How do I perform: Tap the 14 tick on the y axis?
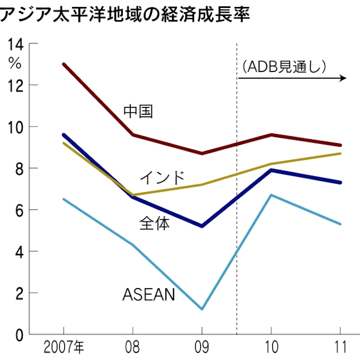14,44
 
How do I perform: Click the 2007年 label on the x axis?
64,347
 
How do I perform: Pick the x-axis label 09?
202,347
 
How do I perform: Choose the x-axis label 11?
339,347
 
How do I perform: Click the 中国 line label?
138,111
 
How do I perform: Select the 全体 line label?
155,223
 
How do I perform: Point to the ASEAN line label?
148,294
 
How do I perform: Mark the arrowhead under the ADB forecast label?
343,78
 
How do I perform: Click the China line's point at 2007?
64,64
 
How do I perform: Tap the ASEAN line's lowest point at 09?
202,309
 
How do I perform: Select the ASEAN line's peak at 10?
271,195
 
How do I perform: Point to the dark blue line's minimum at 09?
202,226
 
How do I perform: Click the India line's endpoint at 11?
340,154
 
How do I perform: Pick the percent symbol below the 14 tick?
15,64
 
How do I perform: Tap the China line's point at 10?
271,135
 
